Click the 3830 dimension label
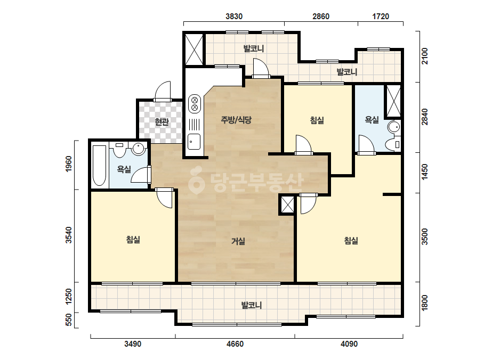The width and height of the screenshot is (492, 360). click(x=234, y=17)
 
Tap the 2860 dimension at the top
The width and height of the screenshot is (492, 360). click(x=321, y=17)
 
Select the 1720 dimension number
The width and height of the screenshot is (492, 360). click(x=381, y=17)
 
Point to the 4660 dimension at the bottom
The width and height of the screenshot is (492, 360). click(x=235, y=344)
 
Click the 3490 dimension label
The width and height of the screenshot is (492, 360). click(x=133, y=344)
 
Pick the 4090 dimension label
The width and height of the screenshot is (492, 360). click(x=349, y=344)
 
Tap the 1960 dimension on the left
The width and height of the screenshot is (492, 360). click(x=68, y=164)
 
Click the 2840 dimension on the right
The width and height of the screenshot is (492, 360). click(x=424, y=117)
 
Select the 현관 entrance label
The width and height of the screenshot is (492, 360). click(x=162, y=121)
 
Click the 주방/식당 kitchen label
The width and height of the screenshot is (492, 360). click(x=236, y=119)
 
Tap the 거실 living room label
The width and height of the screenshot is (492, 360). click(x=238, y=241)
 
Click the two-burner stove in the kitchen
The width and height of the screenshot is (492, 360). click(x=194, y=104)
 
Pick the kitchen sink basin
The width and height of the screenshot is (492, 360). click(x=194, y=142)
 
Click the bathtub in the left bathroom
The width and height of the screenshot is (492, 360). click(x=100, y=165)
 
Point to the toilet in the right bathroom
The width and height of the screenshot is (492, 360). click(x=392, y=144)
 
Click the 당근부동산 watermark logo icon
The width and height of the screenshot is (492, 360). click(x=196, y=181)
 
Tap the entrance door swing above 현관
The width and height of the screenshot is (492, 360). click(x=163, y=91)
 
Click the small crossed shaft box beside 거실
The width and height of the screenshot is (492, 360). click(x=287, y=205)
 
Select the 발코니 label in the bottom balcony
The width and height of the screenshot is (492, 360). click(x=252, y=305)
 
